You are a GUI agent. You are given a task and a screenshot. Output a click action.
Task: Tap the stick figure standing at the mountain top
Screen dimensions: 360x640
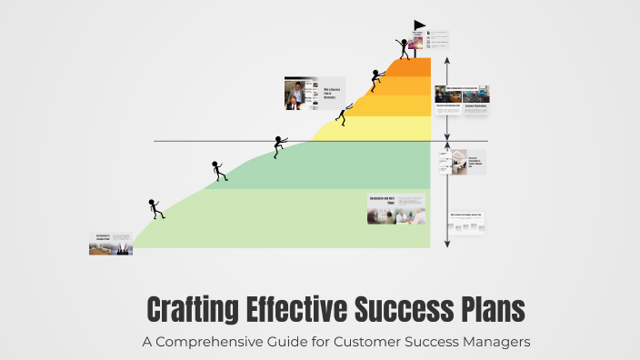tap(403, 48)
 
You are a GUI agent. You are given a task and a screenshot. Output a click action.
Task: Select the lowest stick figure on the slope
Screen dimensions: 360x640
tap(156, 209)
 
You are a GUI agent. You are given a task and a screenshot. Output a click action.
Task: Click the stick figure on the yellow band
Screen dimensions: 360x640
tap(344, 115)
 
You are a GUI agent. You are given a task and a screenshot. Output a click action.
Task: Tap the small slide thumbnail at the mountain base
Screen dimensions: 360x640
tap(110, 244)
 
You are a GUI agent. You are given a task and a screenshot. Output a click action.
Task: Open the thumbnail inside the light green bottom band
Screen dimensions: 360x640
tap(397, 209)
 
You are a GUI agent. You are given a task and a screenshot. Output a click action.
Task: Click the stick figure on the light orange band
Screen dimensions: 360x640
tap(375, 82)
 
